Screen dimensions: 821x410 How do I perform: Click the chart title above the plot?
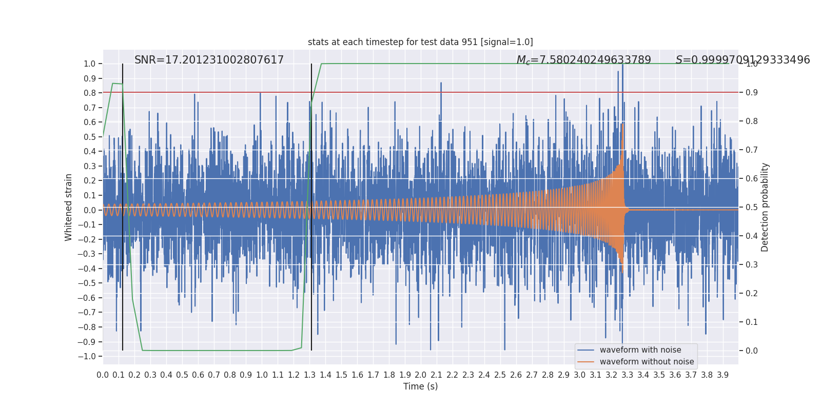click(x=420, y=42)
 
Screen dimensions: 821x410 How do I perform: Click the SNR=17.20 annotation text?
click(x=209, y=59)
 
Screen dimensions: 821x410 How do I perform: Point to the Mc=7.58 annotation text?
click(x=583, y=60)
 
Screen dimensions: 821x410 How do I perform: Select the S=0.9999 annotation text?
click(x=742, y=59)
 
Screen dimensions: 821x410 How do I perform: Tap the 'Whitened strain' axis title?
click(x=68, y=208)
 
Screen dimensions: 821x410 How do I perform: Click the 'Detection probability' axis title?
click(x=765, y=208)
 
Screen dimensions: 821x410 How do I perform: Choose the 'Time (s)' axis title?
click(x=420, y=386)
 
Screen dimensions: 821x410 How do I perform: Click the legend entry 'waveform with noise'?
click(x=640, y=350)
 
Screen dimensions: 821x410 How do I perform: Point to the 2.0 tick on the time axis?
click(x=420, y=375)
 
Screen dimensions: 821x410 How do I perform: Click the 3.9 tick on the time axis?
click(x=722, y=375)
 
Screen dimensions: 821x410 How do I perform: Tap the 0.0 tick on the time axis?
click(x=103, y=375)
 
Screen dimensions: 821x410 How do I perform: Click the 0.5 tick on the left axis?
click(x=89, y=137)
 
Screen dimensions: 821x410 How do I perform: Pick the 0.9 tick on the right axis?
click(x=752, y=92)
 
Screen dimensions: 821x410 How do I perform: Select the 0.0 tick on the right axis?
click(x=752, y=351)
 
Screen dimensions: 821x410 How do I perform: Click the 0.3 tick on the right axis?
click(x=752, y=264)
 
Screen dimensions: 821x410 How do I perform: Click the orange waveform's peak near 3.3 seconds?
click(x=622, y=125)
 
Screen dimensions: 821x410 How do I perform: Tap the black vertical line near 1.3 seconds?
click(x=311, y=207)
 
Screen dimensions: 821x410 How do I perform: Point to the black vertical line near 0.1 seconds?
click(x=123, y=207)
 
